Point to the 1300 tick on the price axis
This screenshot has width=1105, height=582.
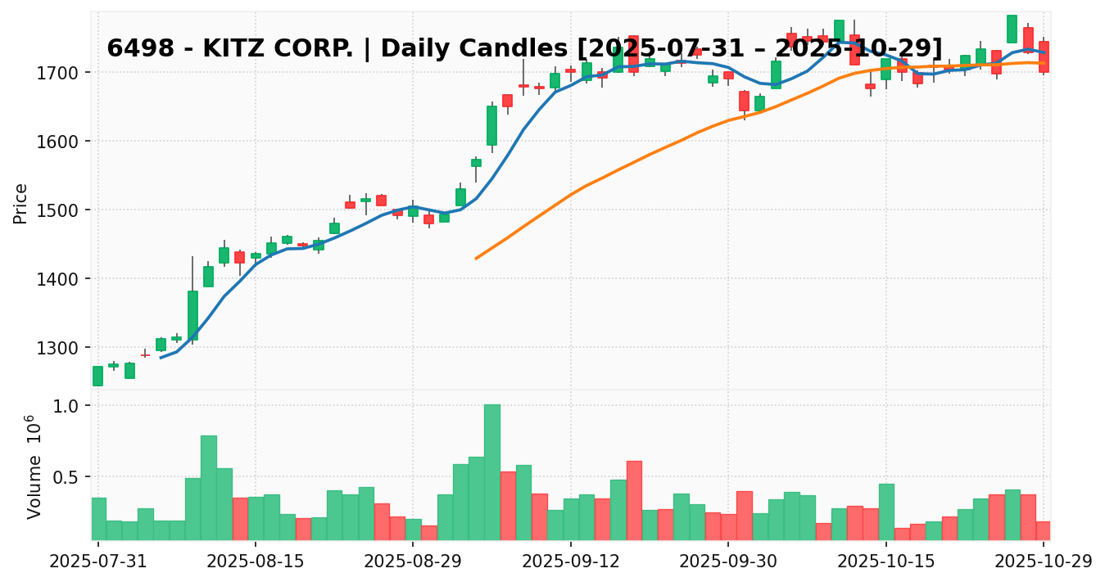[x=66, y=348]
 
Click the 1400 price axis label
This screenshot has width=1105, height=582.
[x=66, y=279]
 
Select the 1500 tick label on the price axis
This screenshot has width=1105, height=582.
[x=66, y=210]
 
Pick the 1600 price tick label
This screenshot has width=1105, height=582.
[x=66, y=142]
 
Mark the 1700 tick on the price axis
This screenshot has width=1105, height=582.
[x=66, y=73]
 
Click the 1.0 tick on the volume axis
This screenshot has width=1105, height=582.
[x=71, y=407]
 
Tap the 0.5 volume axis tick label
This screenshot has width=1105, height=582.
[x=71, y=477]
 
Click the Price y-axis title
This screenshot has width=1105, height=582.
[x=21, y=203]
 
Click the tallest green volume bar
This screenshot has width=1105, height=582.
[x=491, y=471]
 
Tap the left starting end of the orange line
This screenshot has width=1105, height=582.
[x=476, y=259]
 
